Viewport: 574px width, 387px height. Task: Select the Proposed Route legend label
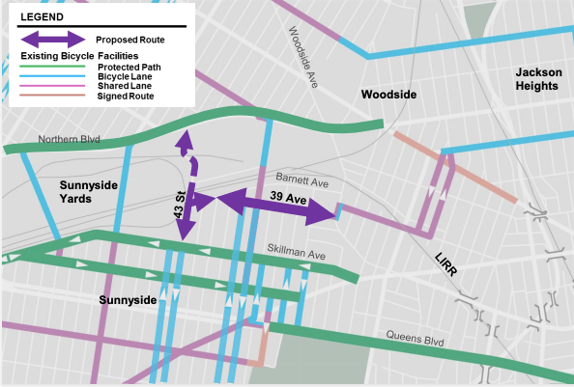[129, 40]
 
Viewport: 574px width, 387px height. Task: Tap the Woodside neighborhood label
[387, 95]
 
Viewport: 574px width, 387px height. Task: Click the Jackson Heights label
[536, 79]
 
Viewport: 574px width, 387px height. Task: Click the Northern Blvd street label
[70, 140]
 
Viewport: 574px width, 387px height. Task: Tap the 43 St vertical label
[179, 201]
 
